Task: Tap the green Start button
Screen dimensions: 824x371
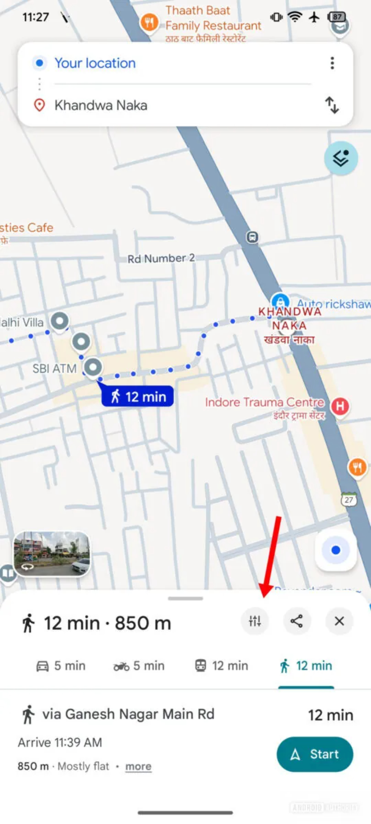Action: click(315, 754)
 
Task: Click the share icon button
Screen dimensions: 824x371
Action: click(297, 621)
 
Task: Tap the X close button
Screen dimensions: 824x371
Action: click(339, 621)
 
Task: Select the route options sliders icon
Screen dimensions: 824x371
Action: click(255, 621)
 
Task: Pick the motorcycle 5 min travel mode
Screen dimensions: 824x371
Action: click(139, 666)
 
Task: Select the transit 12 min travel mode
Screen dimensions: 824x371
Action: click(222, 666)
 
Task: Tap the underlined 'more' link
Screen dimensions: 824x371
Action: click(138, 766)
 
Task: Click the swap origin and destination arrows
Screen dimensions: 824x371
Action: click(332, 105)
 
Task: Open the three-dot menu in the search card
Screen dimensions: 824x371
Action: click(332, 63)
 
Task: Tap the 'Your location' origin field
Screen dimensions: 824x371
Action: click(95, 63)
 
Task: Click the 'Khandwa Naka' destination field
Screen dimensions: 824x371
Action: click(101, 105)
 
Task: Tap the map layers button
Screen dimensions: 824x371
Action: click(341, 158)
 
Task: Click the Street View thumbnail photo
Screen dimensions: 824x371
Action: click(52, 554)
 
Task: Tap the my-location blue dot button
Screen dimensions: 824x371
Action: click(336, 550)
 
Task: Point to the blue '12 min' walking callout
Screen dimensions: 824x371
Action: click(138, 396)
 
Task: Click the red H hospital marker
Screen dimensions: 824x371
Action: click(340, 406)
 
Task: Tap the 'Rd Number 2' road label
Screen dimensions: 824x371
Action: click(161, 258)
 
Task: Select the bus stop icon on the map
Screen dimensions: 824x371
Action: click(252, 237)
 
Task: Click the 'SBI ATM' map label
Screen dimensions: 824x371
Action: click(55, 368)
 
